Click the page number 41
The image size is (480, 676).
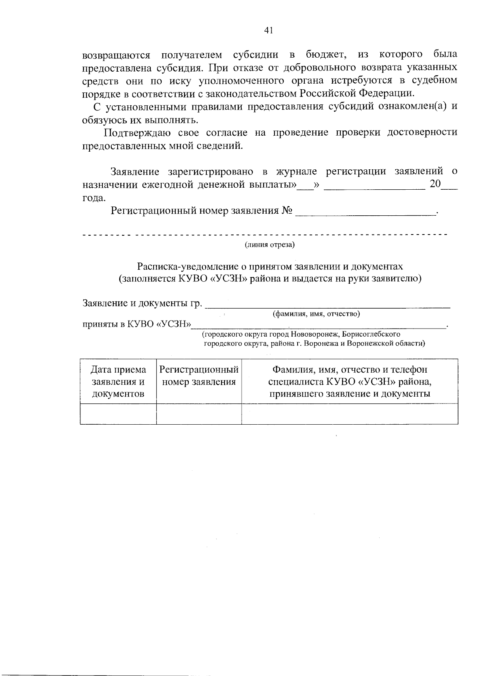(268, 30)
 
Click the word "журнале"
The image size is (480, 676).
(296, 172)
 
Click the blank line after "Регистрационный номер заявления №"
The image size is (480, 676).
(366, 212)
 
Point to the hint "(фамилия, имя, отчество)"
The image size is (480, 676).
(316, 314)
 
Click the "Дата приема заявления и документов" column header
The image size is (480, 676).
(118, 381)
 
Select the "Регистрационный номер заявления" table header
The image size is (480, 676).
(199, 375)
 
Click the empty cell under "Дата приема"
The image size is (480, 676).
(118, 413)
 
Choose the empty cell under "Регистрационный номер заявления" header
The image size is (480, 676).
(199, 413)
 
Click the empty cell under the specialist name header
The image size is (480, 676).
(350, 413)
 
